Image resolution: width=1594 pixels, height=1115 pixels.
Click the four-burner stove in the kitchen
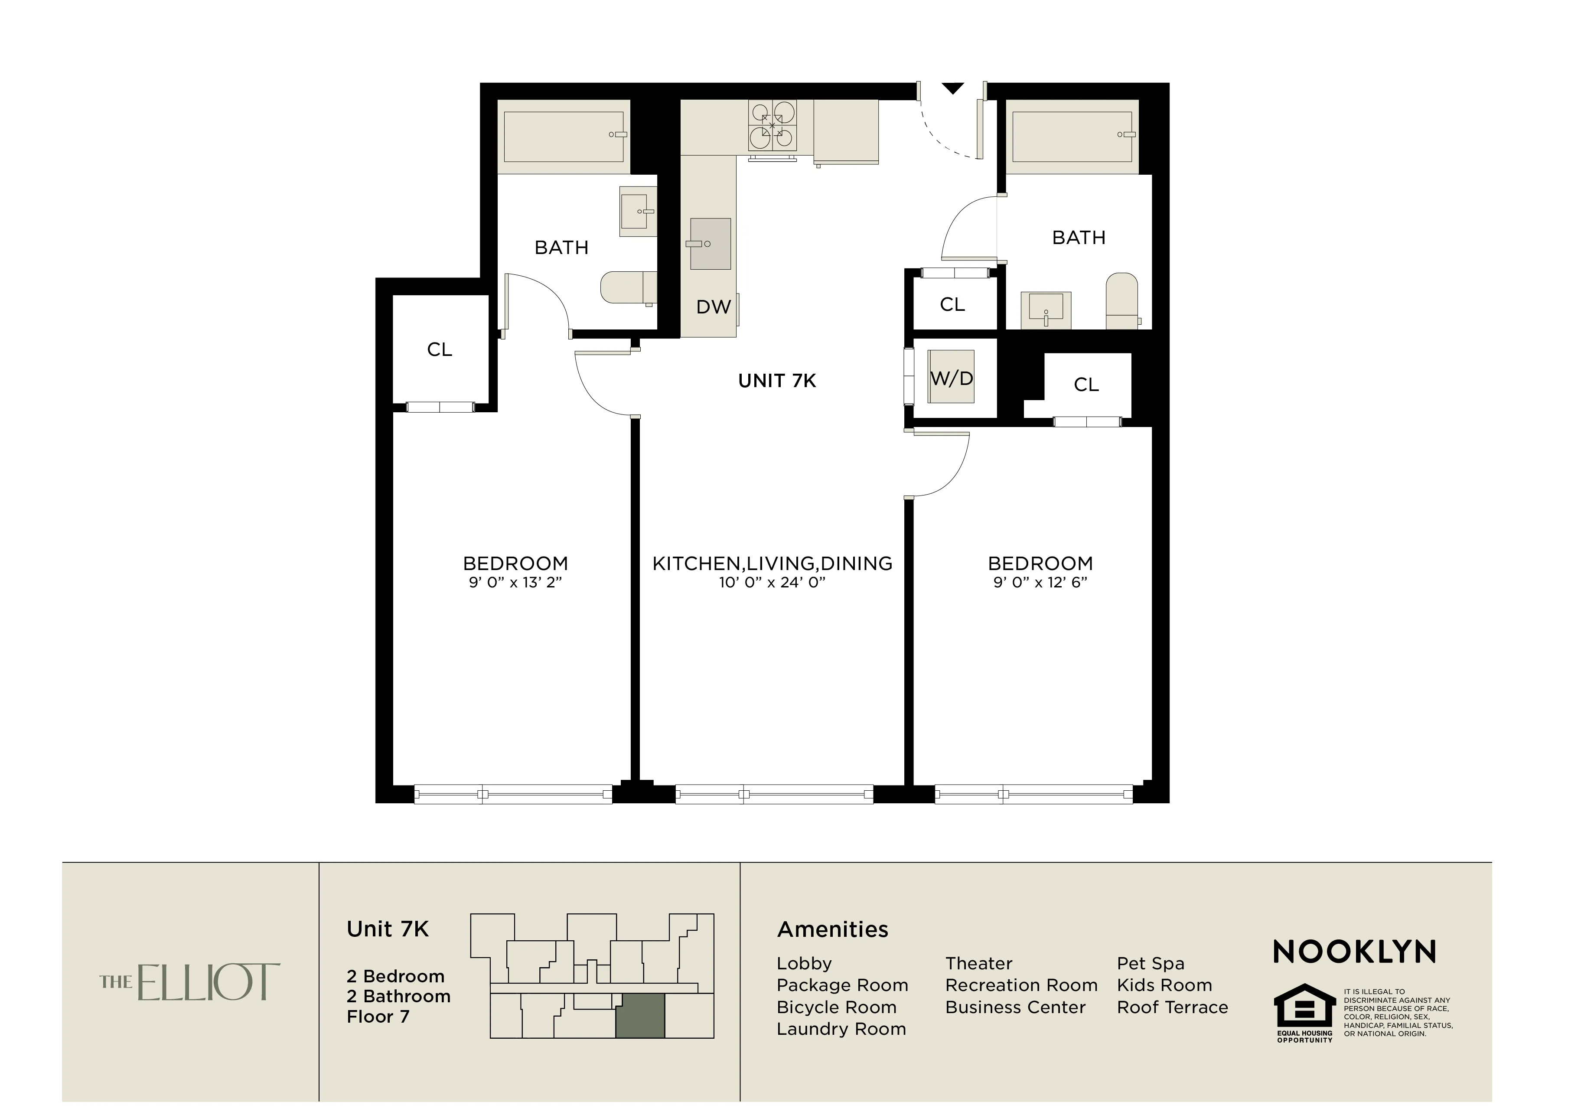tap(772, 126)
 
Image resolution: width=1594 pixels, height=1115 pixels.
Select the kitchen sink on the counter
tap(710, 244)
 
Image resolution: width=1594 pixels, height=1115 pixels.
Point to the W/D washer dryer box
tap(952, 378)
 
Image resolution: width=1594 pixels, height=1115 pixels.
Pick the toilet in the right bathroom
tap(1121, 300)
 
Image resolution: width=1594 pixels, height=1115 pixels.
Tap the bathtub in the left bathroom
tap(564, 136)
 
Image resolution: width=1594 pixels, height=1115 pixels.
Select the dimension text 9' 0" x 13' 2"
tap(515, 583)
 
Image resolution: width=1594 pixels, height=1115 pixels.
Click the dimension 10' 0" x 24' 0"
tap(772, 583)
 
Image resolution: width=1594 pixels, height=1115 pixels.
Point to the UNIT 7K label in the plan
tap(777, 381)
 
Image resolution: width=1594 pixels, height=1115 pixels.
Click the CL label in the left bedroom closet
tap(440, 349)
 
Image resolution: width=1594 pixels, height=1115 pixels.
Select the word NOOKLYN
tap(1354, 952)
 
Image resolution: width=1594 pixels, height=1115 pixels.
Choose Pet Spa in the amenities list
tap(1151, 964)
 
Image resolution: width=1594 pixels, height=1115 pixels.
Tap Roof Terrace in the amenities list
tap(1172, 1007)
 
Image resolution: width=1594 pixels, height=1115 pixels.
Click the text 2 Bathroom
tap(398, 996)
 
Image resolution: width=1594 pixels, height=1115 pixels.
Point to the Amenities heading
tap(832, 929)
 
